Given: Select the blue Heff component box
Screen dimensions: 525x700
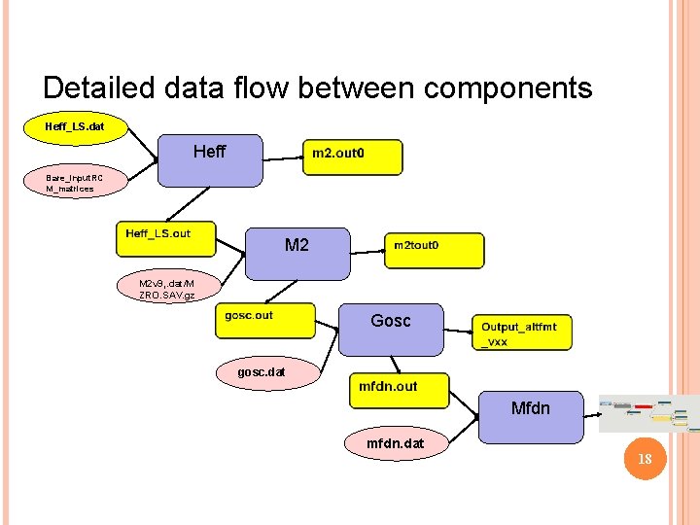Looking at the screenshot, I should [210, 159].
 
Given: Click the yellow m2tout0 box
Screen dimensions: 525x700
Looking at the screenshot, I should [434, 250].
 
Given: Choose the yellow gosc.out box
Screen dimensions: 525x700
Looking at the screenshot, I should [265, 321].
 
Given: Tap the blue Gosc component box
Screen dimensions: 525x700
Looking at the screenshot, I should [390, 329].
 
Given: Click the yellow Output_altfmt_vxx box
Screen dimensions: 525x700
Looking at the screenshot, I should [521, 332].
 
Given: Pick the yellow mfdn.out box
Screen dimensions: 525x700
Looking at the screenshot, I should [400, 391].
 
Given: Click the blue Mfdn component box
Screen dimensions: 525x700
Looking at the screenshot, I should [531, 417].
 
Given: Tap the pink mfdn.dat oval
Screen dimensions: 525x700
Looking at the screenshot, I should [394, 443].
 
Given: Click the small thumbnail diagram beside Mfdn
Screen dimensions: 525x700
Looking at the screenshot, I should [647, 414].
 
